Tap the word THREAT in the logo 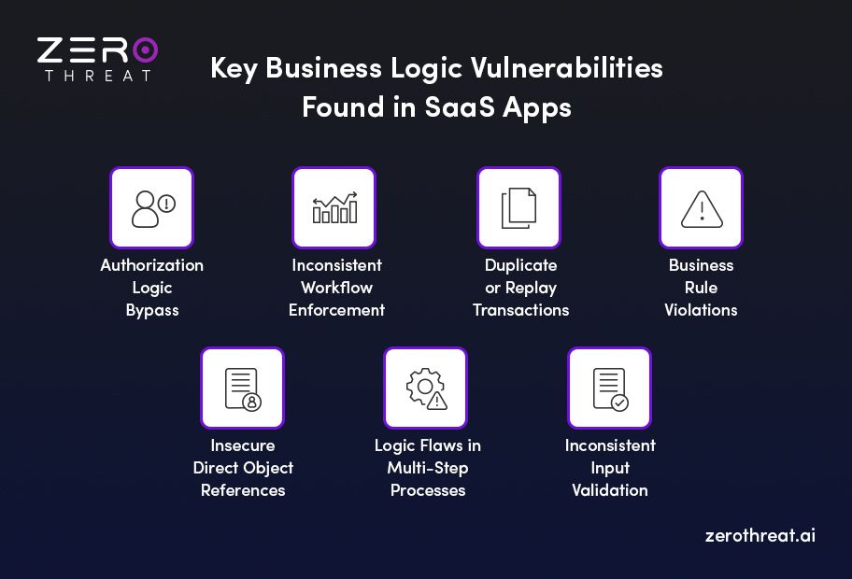97,76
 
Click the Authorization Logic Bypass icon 151,207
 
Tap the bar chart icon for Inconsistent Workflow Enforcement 334,207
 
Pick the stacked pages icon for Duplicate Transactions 518,207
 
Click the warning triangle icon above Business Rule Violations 701,207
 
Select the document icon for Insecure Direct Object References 242,388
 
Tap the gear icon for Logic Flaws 425,388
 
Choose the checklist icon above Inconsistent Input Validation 609,388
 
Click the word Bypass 151,310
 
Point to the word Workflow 336,288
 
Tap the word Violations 701,310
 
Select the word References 243,490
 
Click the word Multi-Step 427,468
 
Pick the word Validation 610,490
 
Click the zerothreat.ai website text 760,537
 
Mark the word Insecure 243,445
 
